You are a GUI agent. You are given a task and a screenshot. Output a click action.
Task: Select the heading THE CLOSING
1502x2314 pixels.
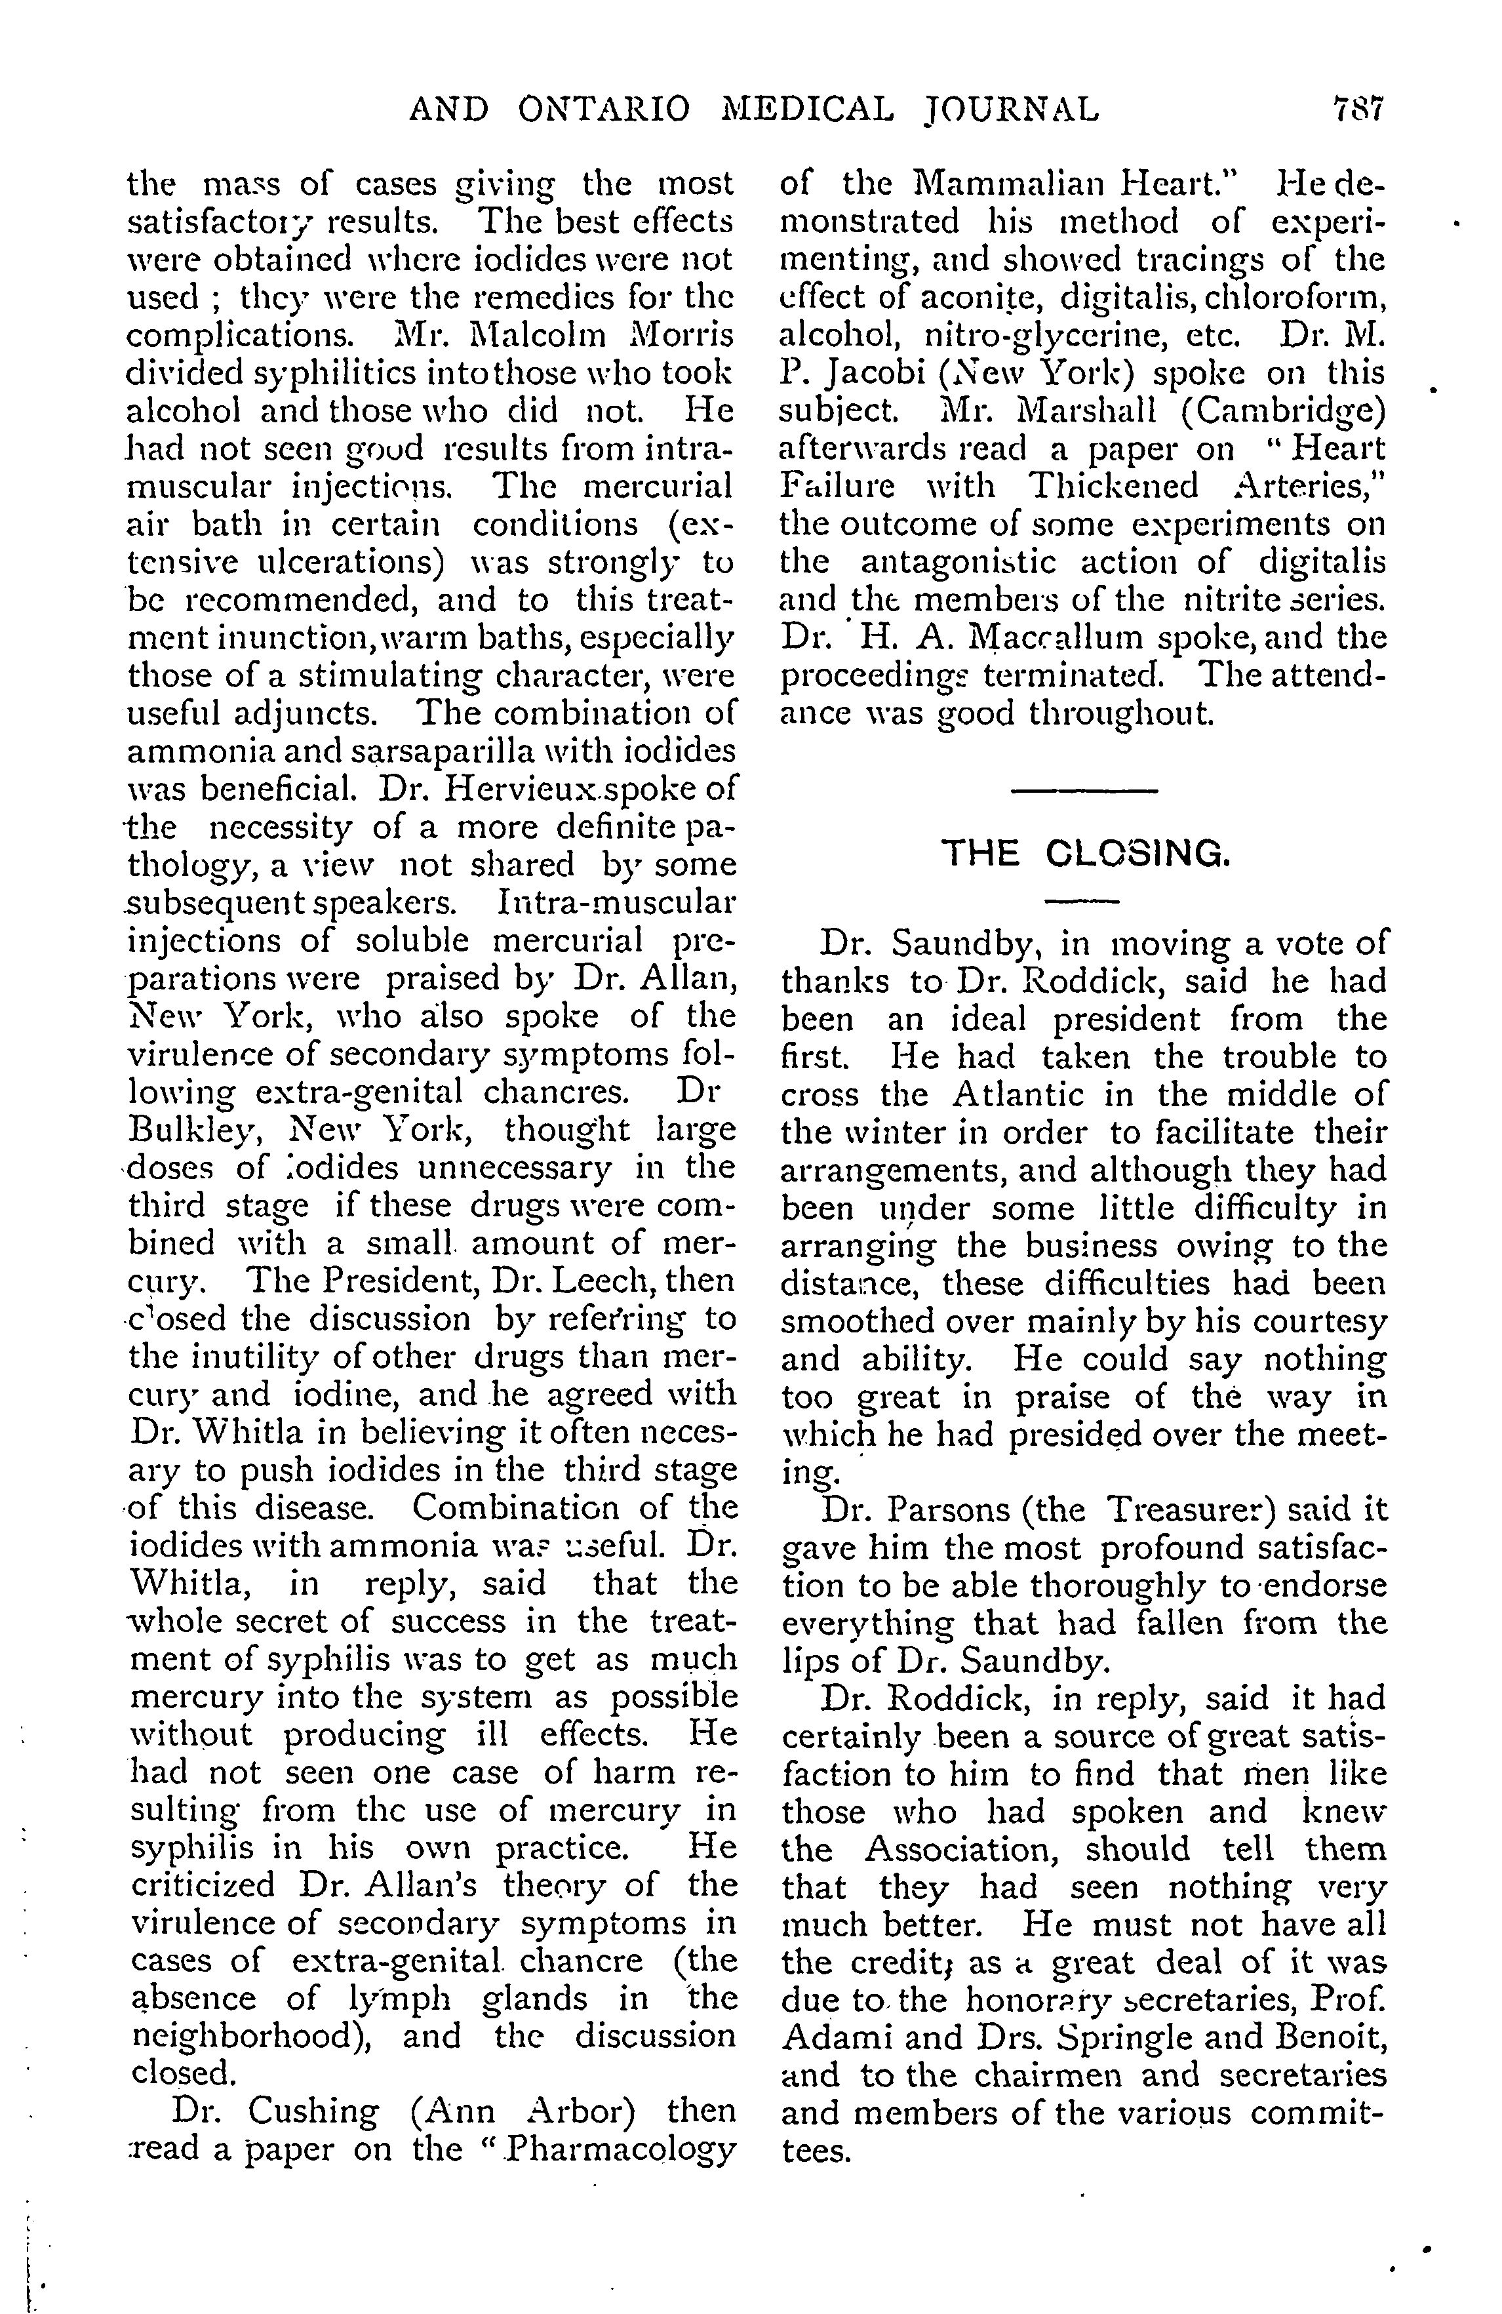[x=1086, y=854]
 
